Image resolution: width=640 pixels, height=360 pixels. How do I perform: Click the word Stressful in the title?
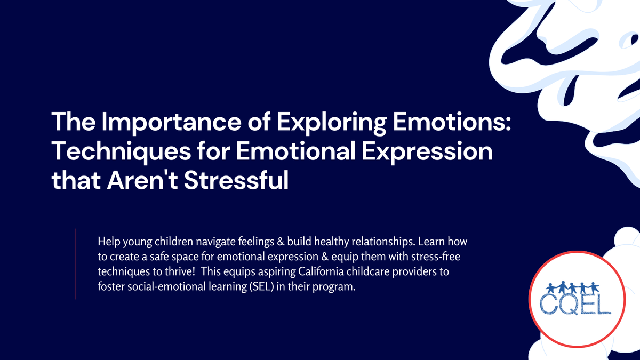pos(234,180)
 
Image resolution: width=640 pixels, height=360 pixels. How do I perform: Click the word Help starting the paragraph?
pos(108,242)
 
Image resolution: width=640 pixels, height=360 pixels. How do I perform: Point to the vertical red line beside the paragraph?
pos(76,263)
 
